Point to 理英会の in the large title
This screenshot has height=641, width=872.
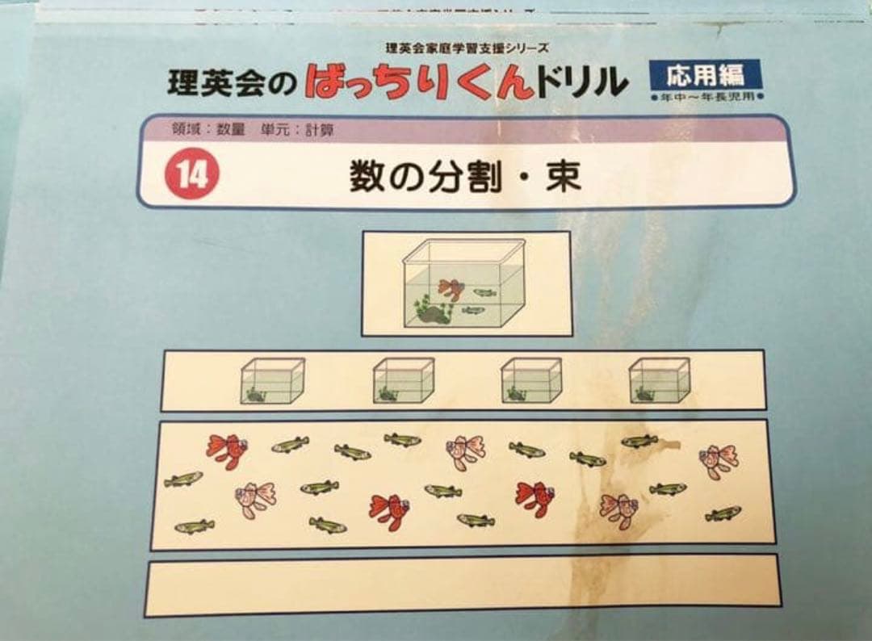click(233, 83)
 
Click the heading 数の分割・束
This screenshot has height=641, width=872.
click(466, 176)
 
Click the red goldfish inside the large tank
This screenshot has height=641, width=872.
click(451, 288)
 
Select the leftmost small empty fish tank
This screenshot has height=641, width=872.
click(272, 380)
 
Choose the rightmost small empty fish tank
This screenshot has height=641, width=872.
click(660, 380)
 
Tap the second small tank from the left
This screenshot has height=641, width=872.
click(403, 380)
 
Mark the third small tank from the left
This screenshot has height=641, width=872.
click(530, 380)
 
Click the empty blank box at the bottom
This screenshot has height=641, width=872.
click(463, 583)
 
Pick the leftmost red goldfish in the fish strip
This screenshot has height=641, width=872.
click(226, 450)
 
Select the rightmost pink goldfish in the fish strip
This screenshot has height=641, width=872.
click(718, 461)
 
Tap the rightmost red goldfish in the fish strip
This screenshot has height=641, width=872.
click(535, 498)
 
